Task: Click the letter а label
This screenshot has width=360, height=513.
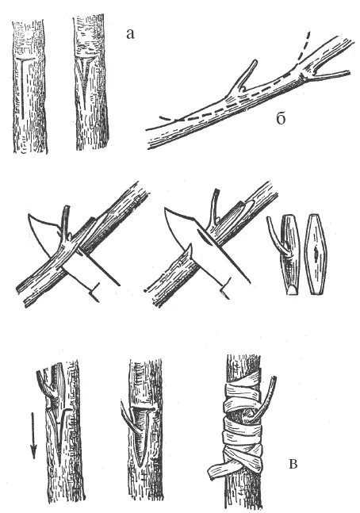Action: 130,34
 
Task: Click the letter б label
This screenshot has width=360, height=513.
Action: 281,118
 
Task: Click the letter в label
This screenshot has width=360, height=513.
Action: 293,464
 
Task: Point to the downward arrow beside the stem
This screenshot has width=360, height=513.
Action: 33,435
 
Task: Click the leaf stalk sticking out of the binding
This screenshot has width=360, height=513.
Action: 267,397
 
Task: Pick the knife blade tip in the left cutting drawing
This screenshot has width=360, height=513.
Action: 29,216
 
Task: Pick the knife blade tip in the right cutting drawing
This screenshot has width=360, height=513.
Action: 165,209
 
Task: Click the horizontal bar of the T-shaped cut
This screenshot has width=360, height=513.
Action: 25,59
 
